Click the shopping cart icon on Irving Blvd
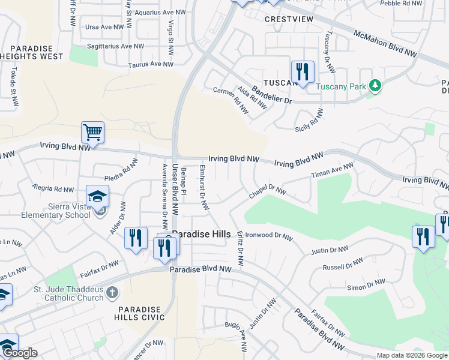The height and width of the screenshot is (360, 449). click(92, 132)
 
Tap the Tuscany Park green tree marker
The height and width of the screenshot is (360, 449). click(376, 86)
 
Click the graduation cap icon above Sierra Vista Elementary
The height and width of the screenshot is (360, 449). click(97, 196)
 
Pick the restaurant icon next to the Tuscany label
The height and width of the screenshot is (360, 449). click(302, 72)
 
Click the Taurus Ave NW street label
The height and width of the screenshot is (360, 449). click(151, 64)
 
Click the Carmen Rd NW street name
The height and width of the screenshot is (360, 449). click(231, 100)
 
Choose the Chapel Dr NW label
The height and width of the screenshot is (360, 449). click(268, 193)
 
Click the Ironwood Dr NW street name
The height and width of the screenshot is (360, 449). click(269, 236)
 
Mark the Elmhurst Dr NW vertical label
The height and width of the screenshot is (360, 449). click(203, 188)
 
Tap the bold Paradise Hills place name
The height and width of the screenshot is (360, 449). click(201, 235)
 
